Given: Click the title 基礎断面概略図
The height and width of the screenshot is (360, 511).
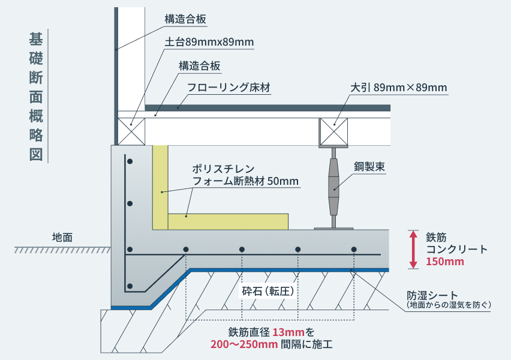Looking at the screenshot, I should (x=35, y=96).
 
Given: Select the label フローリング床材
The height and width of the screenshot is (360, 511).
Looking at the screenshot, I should (x=229, y=88).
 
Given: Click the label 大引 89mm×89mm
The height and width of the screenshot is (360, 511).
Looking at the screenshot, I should (x=399, y=88).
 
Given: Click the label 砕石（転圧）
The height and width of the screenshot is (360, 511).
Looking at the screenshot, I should (x=270, y=292).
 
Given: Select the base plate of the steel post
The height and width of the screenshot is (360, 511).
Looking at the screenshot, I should (x=334, y=228).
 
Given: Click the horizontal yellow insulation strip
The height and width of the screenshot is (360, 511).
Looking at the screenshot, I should (x=229, y=221).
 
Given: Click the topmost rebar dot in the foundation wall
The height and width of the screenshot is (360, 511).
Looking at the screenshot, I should (x=129, y=161).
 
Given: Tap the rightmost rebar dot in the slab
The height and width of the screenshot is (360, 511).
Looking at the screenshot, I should (x=354, y=249).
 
